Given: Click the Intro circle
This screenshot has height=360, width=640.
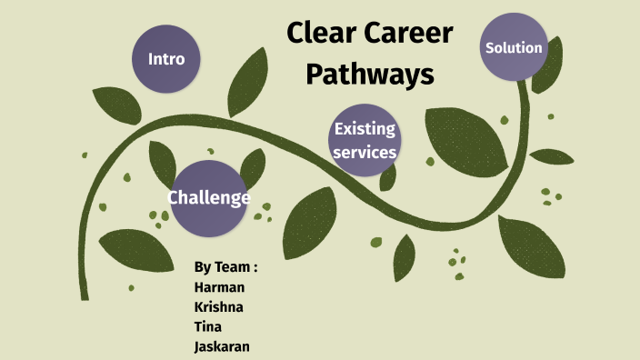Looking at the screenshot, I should pyautogui.click(x=166, y=59).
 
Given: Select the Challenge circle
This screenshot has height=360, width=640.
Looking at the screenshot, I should pyautogui.click(x=208, y=198).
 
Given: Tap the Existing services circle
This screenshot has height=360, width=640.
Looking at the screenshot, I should pyautogui.click(x=365, y=141).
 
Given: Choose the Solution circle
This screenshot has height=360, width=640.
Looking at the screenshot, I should pyautogui.click(x=515, y=47).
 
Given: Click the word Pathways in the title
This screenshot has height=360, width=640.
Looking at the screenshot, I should pyautogui.click(x=369, y=75).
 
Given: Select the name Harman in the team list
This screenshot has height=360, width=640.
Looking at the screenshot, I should pyautogui.click(x=219, y=286).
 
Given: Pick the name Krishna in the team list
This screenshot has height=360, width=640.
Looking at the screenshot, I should pyautogui.click(x=219, y=306).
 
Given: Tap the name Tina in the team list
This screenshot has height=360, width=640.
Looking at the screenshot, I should pyautogui.click(x=208, y=326).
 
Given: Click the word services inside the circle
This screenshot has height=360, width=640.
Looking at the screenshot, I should pyautogui.click(x=365, y=152).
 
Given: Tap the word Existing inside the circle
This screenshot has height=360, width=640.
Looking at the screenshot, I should pyautogui.click(x=365, y=129).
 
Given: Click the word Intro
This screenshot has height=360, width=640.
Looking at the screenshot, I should pyautogui.click(x=166, y=59).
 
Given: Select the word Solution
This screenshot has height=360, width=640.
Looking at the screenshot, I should pyautogui.click(x=515, y=47).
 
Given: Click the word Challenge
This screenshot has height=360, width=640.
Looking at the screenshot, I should pyautogui.click(x=208, y=198).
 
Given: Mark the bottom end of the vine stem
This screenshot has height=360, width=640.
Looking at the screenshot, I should pyautogui.click(x=85, y=295).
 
